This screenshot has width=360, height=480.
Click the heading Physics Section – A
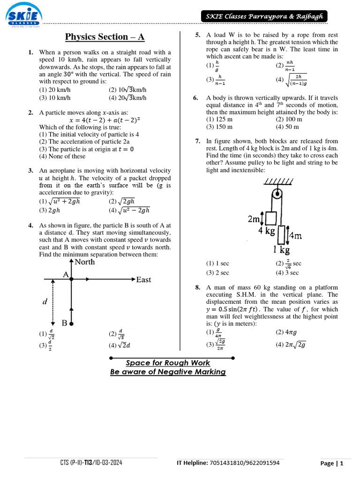point(105,37)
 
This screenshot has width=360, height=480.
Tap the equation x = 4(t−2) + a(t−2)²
point(105,120)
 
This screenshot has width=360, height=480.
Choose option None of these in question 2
point(62,157)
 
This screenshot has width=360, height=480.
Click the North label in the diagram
point(85,262)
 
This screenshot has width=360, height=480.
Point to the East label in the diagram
point(143,280)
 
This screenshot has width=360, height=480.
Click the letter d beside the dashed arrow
point(45,302)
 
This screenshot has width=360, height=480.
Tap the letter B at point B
point(65,323)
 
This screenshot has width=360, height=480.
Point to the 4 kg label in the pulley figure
point(267,232)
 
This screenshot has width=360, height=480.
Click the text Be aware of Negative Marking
point(168,372)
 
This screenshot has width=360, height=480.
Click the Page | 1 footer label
point(332,464)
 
